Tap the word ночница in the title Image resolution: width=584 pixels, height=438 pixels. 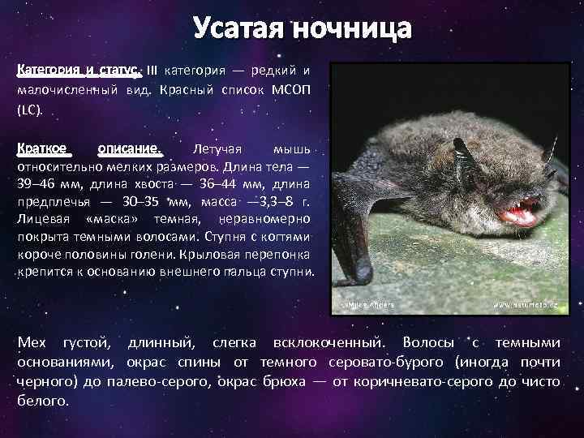(353, 29)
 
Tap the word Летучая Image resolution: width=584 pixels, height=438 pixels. (218, 149)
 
